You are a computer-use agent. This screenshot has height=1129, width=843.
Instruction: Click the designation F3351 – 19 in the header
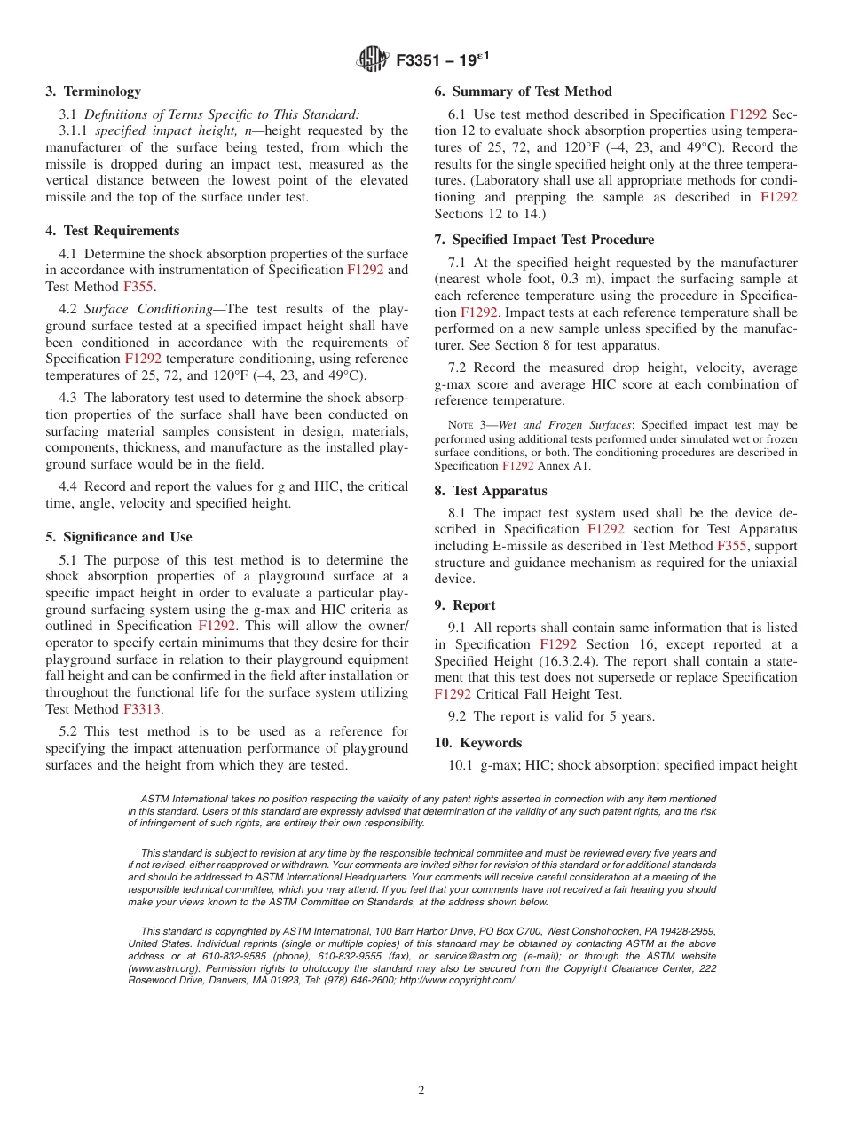[439, 60]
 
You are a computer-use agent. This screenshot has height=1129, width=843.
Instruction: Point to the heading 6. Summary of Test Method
[523, 91]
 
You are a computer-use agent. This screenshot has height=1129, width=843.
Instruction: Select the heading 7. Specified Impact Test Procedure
[544, 240]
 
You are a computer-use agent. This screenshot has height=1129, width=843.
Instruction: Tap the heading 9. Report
[465, 605]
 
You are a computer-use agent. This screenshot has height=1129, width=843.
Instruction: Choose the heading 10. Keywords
[478, 743]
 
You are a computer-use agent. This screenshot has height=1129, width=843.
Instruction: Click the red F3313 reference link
[141, 709]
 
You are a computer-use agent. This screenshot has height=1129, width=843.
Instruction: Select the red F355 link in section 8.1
[732, 546]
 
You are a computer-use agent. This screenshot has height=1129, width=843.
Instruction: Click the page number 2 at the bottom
[421, 1091]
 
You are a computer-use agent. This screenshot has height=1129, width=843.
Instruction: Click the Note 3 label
[467, 425]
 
